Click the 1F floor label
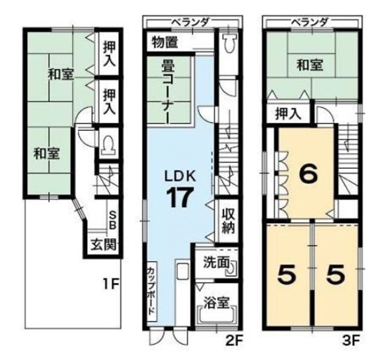pos(111,284)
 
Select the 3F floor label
pos(351,341)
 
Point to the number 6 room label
pos(308,174)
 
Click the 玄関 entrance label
pos(103,245)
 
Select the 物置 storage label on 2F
pos(165,42)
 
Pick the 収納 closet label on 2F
pos(229,221)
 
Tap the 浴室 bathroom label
pos(217,303)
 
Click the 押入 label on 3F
pos(288,114)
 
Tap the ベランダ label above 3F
pos(309,23)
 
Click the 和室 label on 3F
pos(309,65)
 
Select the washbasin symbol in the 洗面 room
pos(233,268)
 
